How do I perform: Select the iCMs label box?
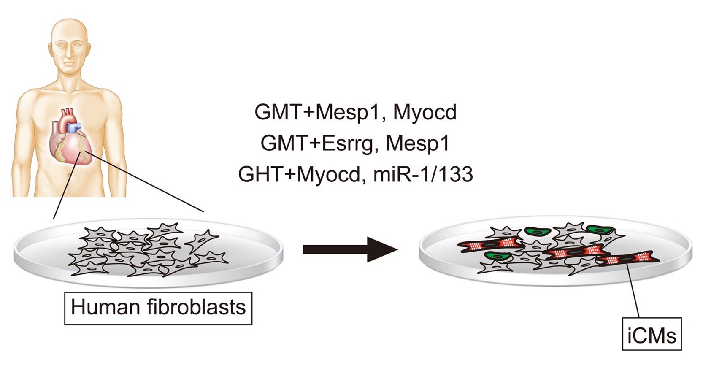[652, 334]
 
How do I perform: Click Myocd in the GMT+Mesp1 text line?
[425, 112]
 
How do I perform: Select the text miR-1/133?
[423, 174]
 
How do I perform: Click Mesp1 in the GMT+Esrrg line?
[418, 143]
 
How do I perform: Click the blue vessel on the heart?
[76, 126]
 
